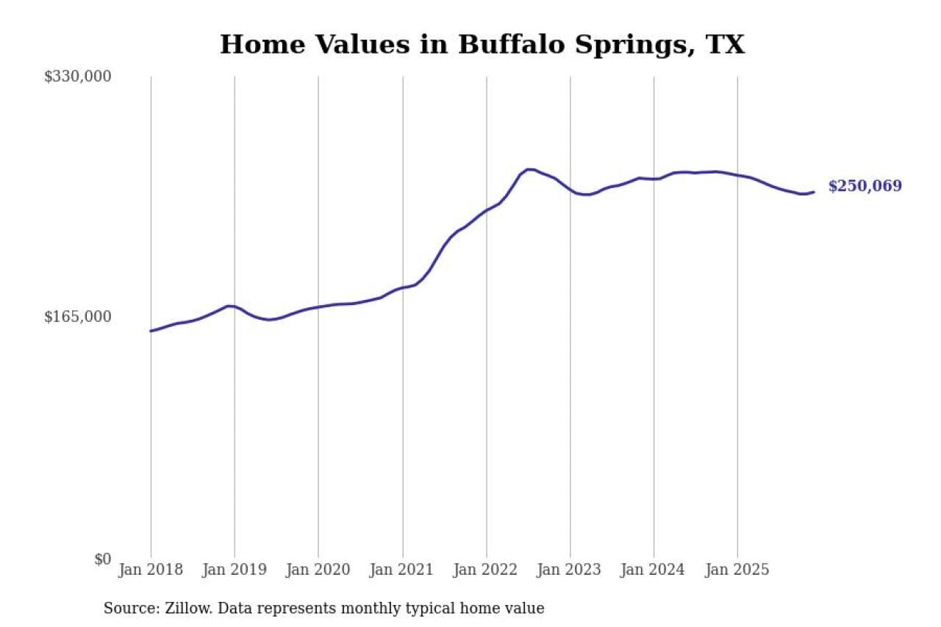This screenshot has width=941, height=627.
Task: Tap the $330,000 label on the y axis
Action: coord(77,76)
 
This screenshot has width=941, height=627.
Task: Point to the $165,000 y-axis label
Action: coord(77,317)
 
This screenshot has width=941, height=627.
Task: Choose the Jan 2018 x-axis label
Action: coord(151,570)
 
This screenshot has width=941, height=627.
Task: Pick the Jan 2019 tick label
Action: coord(235,570)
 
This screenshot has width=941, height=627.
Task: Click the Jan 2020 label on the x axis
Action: coord(318,570)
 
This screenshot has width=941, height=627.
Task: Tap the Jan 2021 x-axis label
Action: coord(402,570)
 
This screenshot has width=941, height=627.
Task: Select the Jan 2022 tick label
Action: coord(486,570)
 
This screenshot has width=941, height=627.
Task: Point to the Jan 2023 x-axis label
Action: coord(570,570)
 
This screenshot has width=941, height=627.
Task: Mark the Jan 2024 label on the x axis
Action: coord(654,570)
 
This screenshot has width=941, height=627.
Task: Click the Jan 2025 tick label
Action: coord(737,570)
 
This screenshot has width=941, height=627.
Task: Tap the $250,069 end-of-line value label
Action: coord(865,186)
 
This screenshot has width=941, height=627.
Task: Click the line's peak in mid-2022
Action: coord(529,169)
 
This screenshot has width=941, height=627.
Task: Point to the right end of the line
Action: coord(814,192)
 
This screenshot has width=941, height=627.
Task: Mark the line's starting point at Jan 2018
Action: coord(151,331)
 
